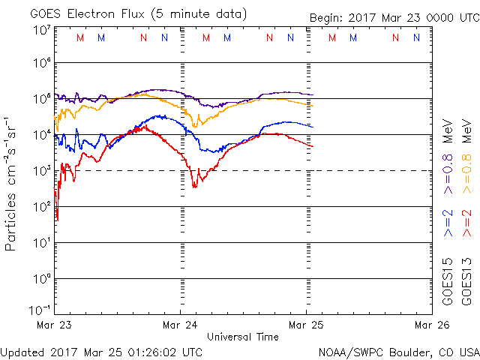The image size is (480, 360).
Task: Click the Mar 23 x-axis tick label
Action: pyautogui.click(x=55, y=325)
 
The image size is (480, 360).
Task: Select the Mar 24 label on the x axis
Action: pyautogui.click(x=181, y=325)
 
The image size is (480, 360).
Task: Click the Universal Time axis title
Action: pyautogui.click(x=242, y=337)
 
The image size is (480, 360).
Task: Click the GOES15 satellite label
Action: pyautogui.click(x=448, y=281)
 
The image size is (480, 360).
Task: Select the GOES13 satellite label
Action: pyautogui.click(x=466, y=281)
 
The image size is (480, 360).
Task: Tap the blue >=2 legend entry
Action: pyautogui.click(x=448, y=223)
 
